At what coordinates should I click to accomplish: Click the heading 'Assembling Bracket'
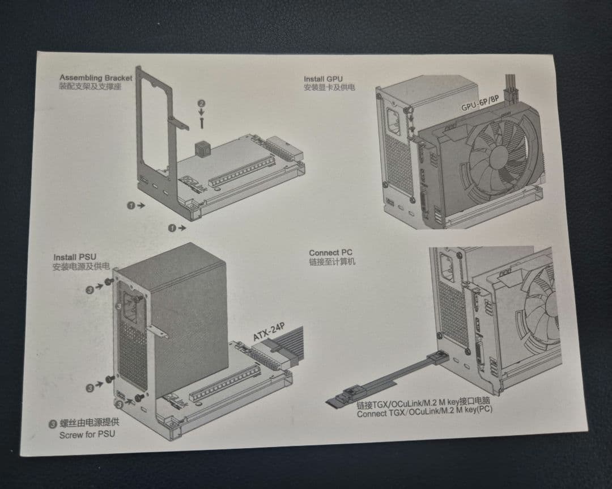click(x=95, y=77)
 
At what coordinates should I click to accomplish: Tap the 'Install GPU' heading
click(x=323, y=79)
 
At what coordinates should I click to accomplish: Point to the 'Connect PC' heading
click(x=331, y=252)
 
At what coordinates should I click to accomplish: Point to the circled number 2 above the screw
click(x=201, y=104)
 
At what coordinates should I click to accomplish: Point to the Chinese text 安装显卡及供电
click(x=329, y=88)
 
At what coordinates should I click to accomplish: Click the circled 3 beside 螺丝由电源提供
click(x=53, y=423)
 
